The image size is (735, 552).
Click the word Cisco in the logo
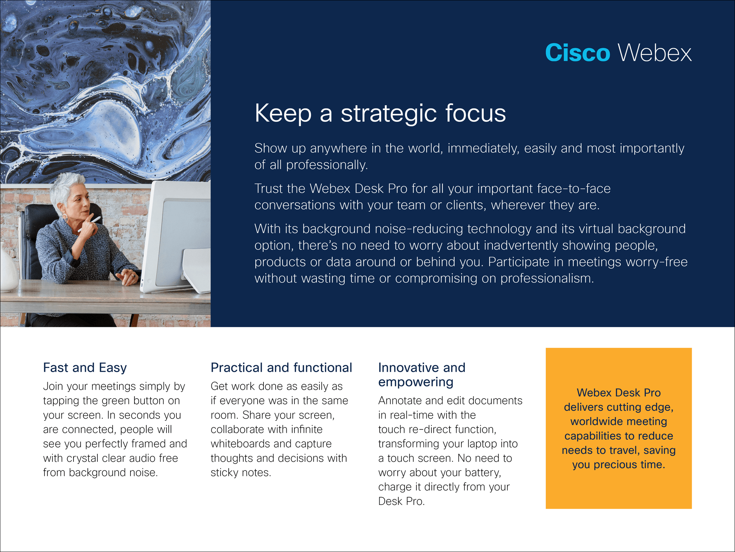pos(577,53)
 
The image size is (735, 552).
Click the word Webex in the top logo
pos(655,53)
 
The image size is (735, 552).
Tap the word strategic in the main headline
pos(389,114)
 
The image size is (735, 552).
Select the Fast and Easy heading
pos(85,368)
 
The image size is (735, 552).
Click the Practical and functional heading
pos(282,368)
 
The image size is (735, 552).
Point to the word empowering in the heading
pos(416,382)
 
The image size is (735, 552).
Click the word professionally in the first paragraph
pos(327,165)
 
